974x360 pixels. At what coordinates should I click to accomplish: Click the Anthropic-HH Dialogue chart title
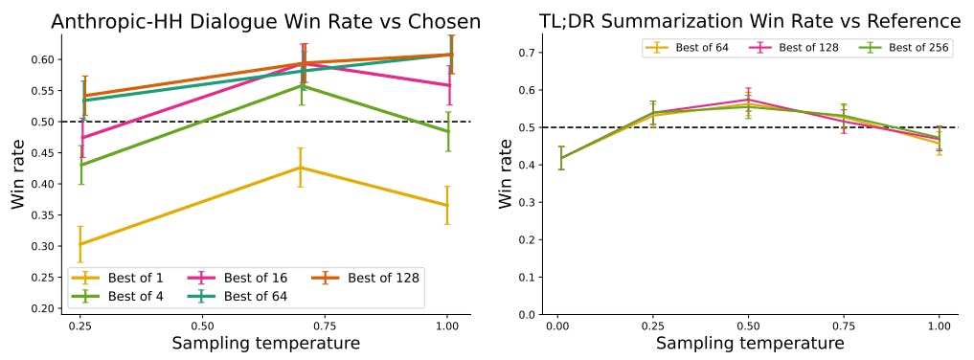(265, 21)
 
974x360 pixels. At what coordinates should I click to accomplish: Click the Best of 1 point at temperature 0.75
(301, 168)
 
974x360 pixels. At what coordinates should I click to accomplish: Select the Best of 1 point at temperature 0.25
(81, 244)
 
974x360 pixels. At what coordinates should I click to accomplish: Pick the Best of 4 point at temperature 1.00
(446, 131)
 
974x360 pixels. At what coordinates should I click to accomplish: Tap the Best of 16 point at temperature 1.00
(446, 85)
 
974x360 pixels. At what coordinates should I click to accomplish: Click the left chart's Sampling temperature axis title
(265, 344)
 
